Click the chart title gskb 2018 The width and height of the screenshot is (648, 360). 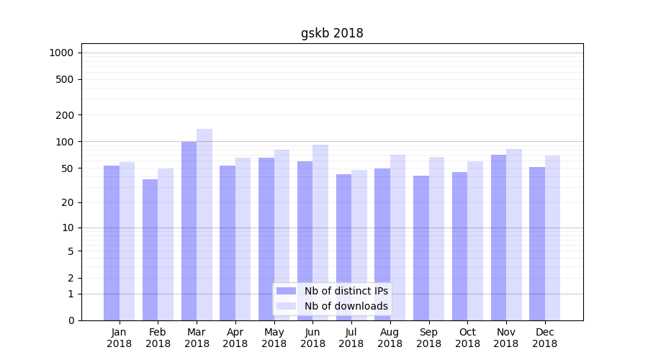(332, 33)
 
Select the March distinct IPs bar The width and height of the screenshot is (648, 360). (189, 230)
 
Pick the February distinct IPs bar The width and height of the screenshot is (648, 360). (150, 249)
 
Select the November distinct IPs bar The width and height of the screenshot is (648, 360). (498, 238)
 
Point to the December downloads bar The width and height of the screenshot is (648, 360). (553, 238)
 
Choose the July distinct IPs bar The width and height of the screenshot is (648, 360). (343, 247)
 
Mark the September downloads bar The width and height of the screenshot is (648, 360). (436, 238)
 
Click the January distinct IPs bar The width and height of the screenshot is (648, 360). (112, 243)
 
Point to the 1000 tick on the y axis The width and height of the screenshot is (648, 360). (61, 53)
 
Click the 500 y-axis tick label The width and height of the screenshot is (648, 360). (65, 79)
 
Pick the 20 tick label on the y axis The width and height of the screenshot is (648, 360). (68, 202)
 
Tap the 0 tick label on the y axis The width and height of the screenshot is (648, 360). (71, 320)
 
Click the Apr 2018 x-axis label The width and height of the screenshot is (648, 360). (235, 338)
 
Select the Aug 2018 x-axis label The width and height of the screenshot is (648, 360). (390, 338)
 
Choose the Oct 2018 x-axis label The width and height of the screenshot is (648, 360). (467, 338)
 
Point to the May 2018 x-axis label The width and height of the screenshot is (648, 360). (274, 338)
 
